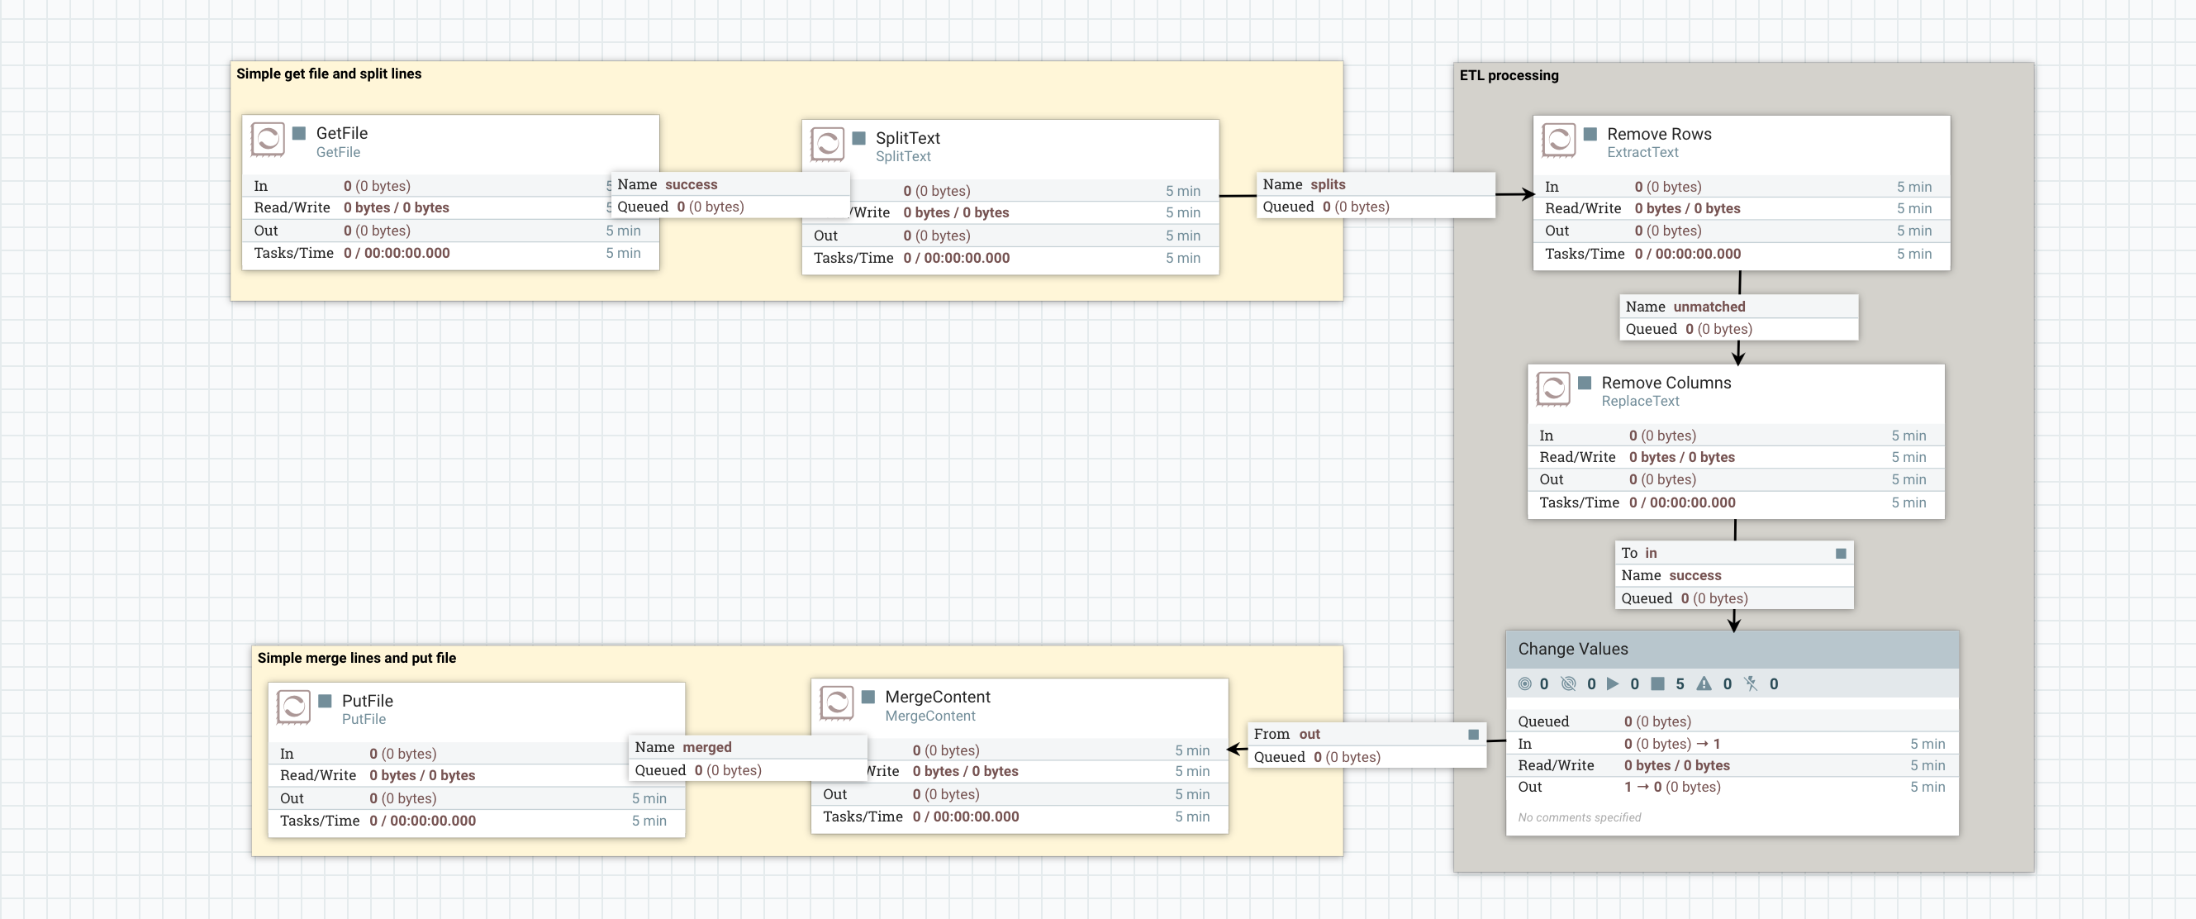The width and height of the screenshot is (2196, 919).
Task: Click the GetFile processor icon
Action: click(268, 139)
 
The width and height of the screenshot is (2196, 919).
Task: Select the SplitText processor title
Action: click(907, 138)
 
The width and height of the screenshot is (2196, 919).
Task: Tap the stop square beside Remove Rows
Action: click(1590, 134)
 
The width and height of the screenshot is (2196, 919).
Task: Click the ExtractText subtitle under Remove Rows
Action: click(1642, 153)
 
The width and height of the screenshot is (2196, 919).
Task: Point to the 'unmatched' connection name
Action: click(1709, 307)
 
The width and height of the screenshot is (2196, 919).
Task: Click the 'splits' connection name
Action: click(1328, 185)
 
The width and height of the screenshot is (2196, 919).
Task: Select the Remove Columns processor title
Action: click(1666, 383)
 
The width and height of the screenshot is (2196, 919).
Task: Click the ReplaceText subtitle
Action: click(1639, 402)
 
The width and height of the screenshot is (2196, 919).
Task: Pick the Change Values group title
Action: click(1573, 649)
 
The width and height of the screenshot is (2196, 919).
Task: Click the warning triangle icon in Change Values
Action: click(1704, 683)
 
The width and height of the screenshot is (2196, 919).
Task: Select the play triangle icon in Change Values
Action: click(1612, 683)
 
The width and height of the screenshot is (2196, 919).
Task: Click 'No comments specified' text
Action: click(1579, 817)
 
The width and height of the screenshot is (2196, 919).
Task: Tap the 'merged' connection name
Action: click(706, 748)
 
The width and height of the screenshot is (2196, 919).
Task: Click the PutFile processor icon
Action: click(293, 707)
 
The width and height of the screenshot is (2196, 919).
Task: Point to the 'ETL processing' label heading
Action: click(1509, 75)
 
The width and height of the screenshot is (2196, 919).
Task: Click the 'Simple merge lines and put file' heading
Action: click(356, 658)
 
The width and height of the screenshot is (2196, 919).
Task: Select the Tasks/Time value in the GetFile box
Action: click(397, 253)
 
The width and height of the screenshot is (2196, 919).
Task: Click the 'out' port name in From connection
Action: click(1310, 735)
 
